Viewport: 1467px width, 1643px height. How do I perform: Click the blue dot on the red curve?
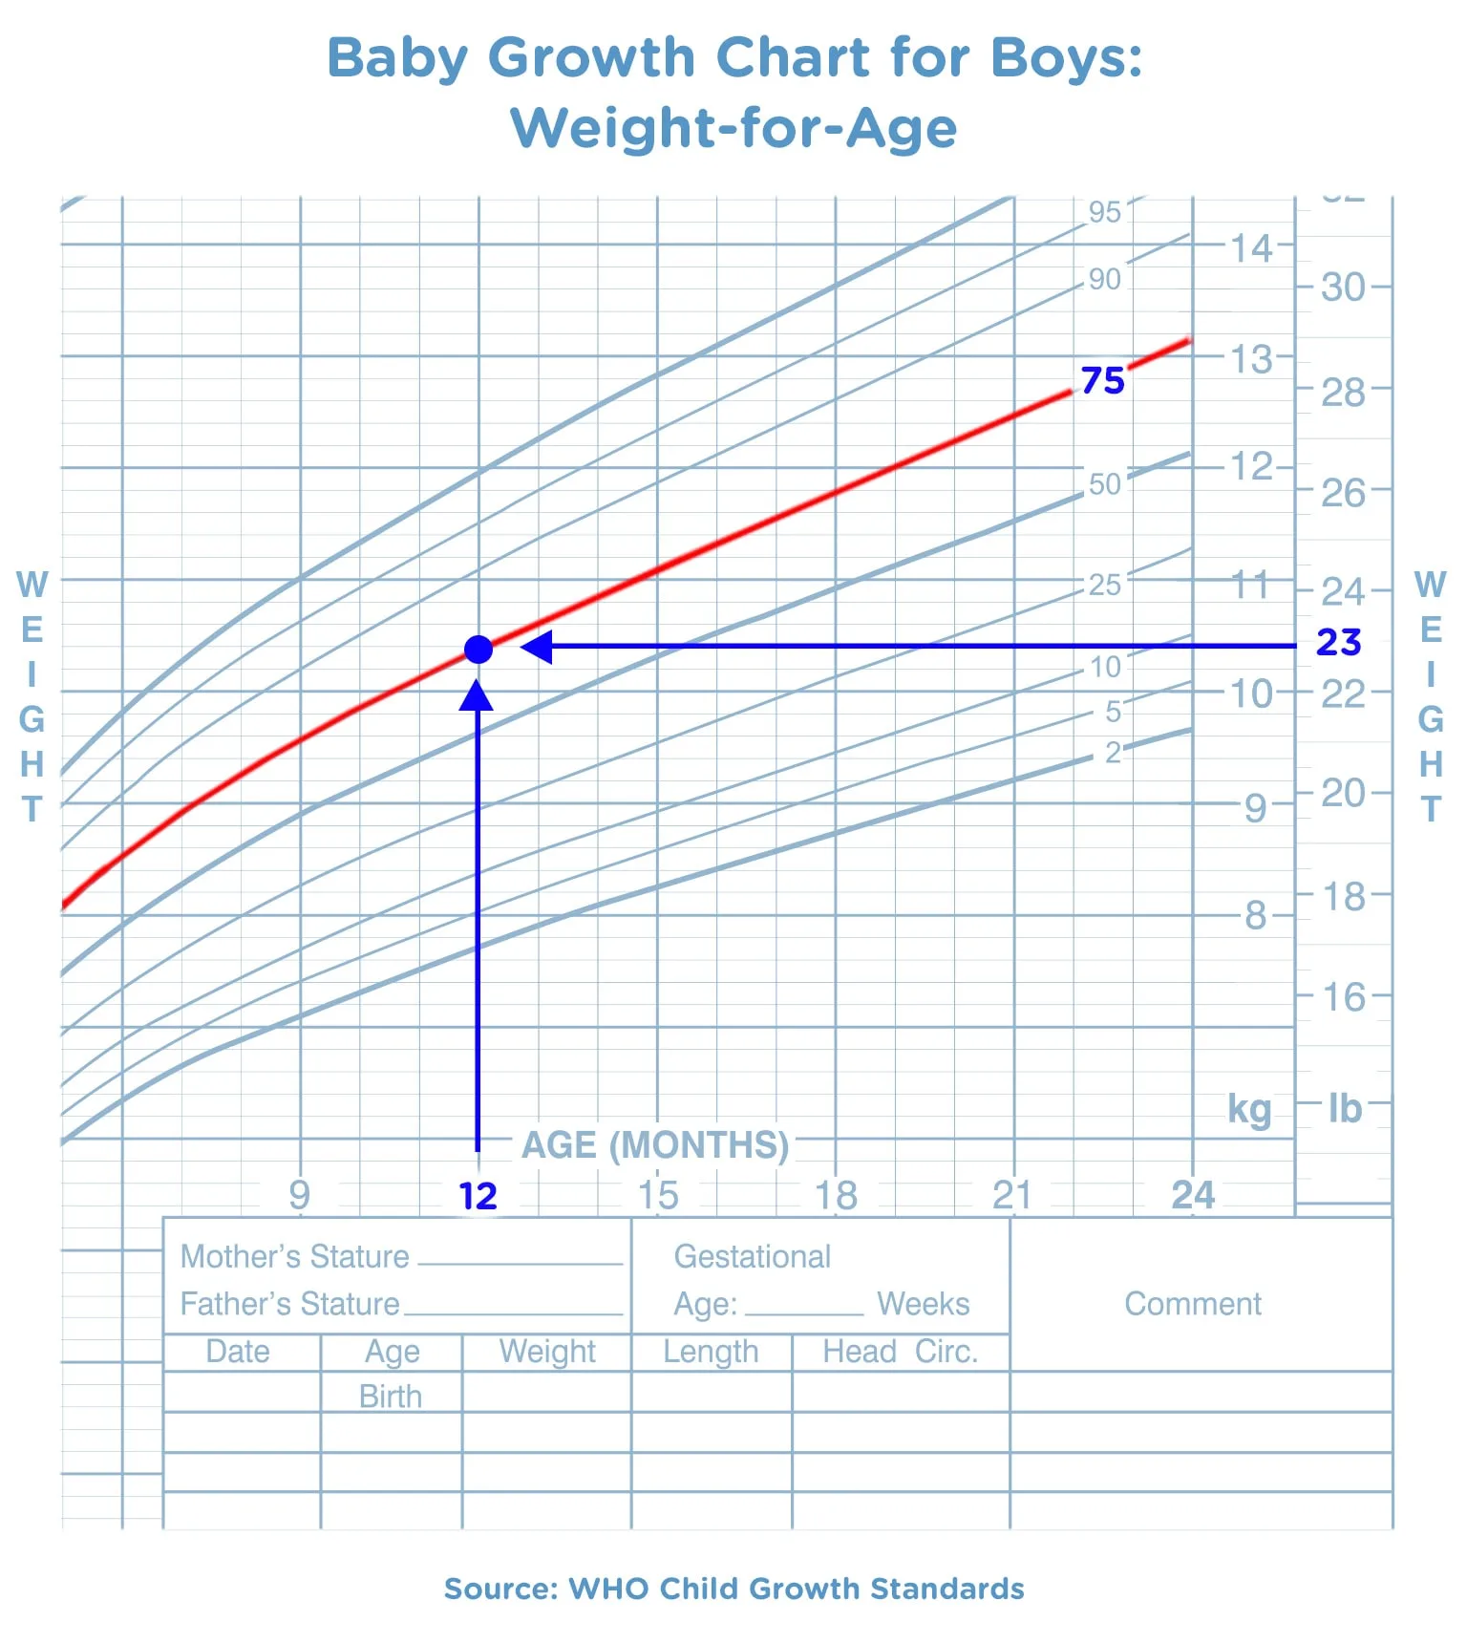(478, 650)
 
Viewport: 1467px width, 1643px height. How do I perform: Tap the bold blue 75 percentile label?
(1103, 380)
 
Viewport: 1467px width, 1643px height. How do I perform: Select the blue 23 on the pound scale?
(1338, 643)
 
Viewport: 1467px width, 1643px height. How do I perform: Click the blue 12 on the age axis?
(478, 1196)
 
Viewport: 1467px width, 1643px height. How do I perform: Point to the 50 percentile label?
(1104, 484)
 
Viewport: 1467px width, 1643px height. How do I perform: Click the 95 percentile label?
(1104, 212)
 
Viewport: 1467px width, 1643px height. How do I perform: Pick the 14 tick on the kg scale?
(1251, 248)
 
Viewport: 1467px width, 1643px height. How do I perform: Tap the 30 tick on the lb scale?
(1343, 287)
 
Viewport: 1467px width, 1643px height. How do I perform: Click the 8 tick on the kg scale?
(1256, 915)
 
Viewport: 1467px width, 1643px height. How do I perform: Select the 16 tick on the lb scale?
(1343, 997)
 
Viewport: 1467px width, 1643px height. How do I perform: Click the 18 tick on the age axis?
(836, 1195)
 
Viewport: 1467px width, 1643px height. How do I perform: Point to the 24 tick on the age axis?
(1193, 1195)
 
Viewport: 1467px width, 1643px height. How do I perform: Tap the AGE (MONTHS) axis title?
(655, 1144)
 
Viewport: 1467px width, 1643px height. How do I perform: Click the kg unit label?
(1249, 1109)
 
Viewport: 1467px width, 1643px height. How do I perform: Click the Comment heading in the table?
(1192, 1304)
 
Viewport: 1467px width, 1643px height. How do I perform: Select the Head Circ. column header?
(901, 1352)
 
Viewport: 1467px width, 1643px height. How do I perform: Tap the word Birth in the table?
(391, 1397)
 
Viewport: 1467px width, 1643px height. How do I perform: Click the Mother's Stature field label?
(294, 1256)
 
